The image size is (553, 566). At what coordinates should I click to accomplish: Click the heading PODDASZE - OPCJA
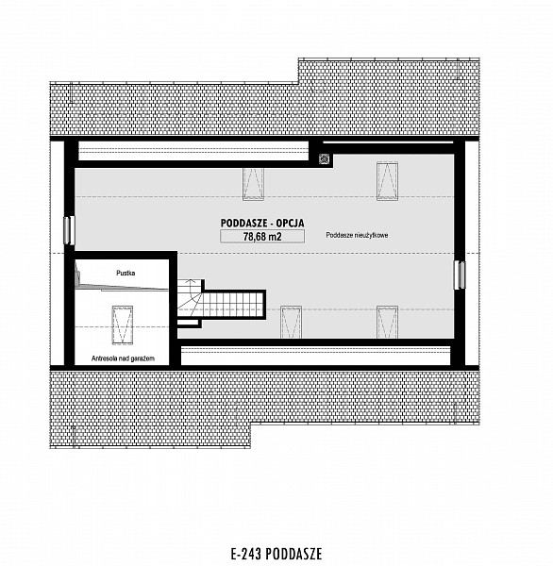[x=262, y=223]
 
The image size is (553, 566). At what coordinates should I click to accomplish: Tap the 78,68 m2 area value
[x=262, y=237]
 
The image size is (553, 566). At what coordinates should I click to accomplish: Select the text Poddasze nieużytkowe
[x=358, y=235]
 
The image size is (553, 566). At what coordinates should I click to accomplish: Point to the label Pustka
[x=126, y=273]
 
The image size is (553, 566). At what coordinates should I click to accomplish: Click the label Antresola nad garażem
[x=124, y=358]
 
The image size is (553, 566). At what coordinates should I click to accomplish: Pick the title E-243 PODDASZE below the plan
[x=276, y=554]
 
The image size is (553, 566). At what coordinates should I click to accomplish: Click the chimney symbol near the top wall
[x=325, y=158]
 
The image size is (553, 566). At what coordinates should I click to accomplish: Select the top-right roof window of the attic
[x=387, y=181]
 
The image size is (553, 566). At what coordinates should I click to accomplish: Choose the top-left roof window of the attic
[x=253, y=183]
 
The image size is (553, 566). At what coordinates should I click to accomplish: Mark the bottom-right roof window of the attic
[x=387, y=322]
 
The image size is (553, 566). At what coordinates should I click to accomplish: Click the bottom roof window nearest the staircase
[x=292, y=322]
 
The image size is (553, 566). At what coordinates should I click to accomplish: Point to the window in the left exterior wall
[x=69, y=230]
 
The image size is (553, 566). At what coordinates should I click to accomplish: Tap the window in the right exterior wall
[x=460, y=275]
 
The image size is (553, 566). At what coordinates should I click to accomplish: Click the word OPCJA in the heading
[x=290, y=223]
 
